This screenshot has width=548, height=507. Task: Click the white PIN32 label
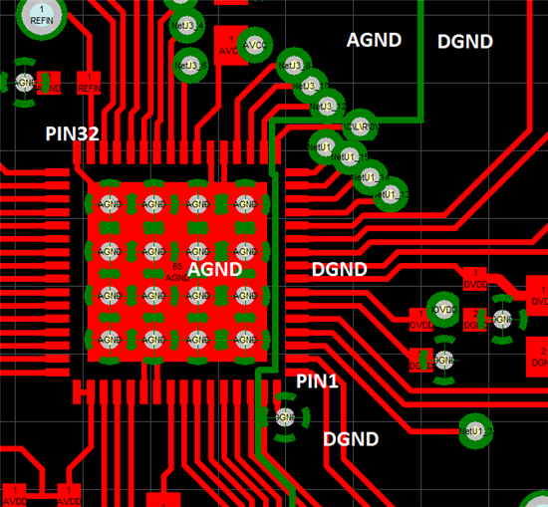(x=72, y=132)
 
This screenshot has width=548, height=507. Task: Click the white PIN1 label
(x=318, y=380)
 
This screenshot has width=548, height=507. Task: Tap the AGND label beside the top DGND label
(x=374, y=40)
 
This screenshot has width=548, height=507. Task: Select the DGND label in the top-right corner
(x=465, y=42)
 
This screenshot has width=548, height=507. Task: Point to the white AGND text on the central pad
(x=214, y=269)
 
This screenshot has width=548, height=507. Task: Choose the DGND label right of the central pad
(x=339, y=269)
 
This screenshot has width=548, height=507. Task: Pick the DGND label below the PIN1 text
(x=351, y=439)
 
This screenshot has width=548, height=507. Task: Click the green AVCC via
(x=256, y=45)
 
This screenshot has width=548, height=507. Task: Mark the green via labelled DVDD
(x=443, y=311)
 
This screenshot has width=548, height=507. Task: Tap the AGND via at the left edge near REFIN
(x=24, y=82)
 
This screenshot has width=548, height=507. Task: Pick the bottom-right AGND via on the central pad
(x=245, y=341)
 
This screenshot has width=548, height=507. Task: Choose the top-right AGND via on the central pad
(x=245, y=204)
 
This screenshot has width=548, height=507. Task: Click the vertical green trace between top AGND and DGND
(x=423, y=60)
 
